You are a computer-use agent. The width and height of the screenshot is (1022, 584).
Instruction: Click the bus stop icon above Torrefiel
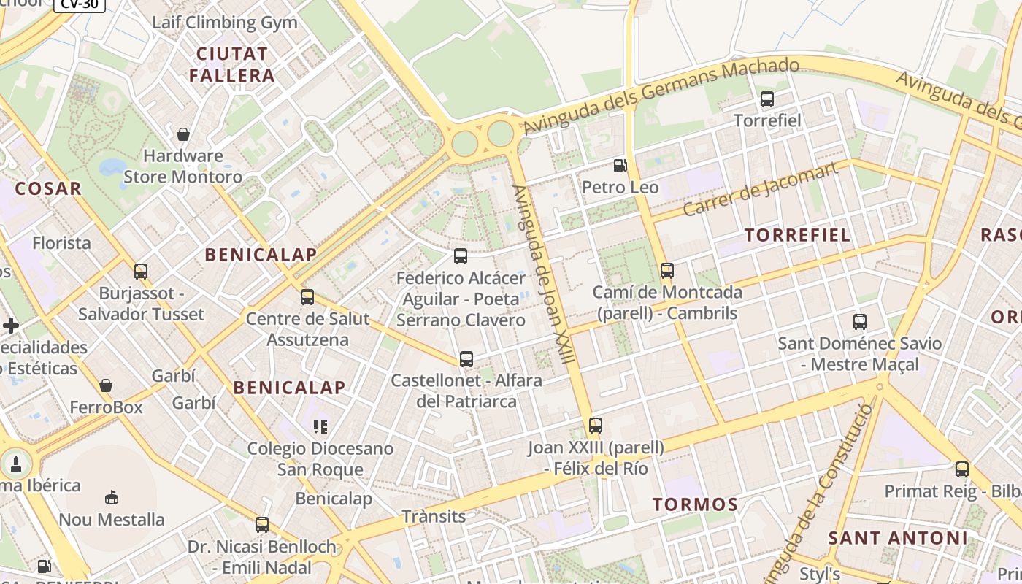coord(766,99)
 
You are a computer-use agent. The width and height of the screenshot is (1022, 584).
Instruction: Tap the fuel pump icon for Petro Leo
coord(620,166)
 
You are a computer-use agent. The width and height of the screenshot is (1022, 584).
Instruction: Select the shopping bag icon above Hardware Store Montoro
coord(183,134)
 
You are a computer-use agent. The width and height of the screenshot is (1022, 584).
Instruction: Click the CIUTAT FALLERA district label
coord(232,64)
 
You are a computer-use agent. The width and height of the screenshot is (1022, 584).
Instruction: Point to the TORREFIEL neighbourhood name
coord(797,235)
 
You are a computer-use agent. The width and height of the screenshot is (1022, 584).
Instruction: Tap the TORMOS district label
coord(695,504)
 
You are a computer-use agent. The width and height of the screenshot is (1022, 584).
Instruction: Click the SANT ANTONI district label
coord(898,539)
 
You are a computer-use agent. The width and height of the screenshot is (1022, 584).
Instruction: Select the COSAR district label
coord(48,188)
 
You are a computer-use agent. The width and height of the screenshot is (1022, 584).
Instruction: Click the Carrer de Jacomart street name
coord(760,191)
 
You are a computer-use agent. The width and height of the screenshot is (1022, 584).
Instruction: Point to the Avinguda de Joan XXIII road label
coord(544,274)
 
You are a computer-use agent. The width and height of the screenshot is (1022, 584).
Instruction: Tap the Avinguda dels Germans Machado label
coord(661,97)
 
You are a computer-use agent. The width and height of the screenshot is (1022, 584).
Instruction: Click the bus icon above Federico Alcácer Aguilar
coord(460,256)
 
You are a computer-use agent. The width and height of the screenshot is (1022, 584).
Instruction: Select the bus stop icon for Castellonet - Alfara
coord(466,359)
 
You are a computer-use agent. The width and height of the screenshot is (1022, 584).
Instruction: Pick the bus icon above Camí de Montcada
coord(666,271)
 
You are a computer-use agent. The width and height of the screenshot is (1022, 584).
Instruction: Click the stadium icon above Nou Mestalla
coord(112,498)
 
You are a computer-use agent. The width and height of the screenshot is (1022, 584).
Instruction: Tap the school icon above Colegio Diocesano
coord(320,426)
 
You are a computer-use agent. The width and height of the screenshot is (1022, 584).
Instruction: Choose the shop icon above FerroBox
coord(106,385)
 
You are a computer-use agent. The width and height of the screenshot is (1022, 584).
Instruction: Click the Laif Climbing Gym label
coord(225,22)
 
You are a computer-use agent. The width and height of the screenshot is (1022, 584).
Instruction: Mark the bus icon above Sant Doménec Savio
coord(859,321)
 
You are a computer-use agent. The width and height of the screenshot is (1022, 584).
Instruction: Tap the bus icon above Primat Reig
coord(961,469)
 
